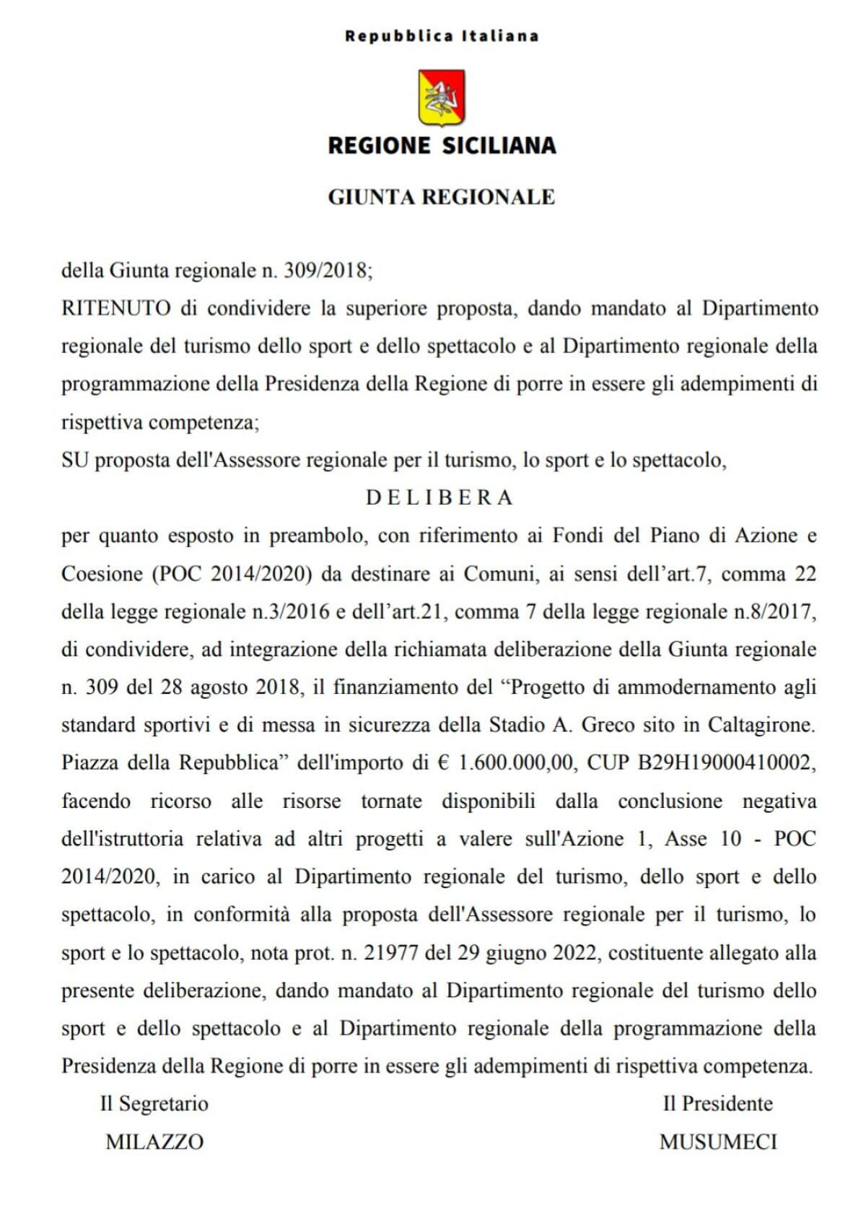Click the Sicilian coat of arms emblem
pyautogui.click(x=442, y=97)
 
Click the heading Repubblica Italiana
pyautogui.click(x=442, y=36)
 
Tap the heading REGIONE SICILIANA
pyautogui.click(x=442, y=146)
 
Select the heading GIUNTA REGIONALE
pyautogui.click(x=442, y=197)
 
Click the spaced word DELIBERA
pyautogui.click(x=439, y=497)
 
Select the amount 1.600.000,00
pyautogui.click(x=516, y=762)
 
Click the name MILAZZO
pyautogui.click(x=154, y=1141)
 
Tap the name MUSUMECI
pyautogui.click(x=718, y=1141)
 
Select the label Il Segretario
pyautogui.click(x=154, y=1103)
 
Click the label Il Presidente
pyautogui.click(x=717, y=1103)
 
